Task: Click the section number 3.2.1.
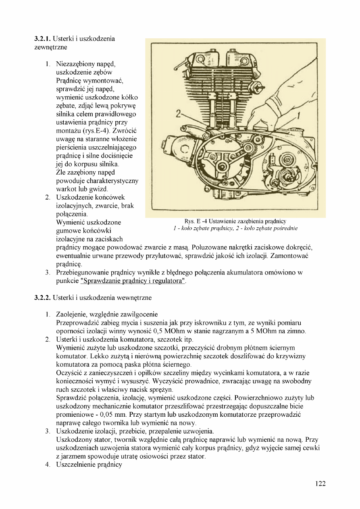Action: [x=42, y=39]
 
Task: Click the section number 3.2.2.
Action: [x=42, y=298]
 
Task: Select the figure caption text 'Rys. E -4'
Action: [x=196, y=222]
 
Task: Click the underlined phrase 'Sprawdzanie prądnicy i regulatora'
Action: [x=133, y=281]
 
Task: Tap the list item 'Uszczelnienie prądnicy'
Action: [x=89, y=465]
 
